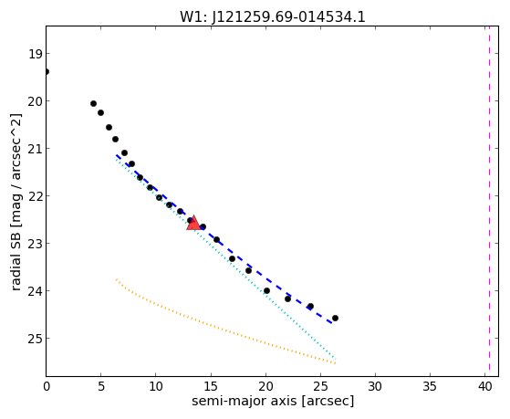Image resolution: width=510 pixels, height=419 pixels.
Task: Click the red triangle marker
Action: (193, 223)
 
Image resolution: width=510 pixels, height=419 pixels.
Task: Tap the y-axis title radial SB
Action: (16, 255)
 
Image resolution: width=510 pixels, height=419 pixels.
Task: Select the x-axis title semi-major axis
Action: (245, 401)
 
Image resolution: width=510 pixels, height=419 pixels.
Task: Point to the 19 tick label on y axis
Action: (35, 54)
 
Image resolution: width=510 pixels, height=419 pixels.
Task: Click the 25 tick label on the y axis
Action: (35, 339)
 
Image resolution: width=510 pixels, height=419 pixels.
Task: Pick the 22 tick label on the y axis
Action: (35, 196)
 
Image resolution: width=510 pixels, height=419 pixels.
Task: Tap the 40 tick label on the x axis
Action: (485, 386)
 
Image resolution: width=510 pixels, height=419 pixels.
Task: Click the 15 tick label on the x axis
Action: (211, 386)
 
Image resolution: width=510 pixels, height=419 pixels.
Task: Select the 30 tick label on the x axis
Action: (375, 386)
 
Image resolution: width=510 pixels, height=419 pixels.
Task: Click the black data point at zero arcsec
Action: (47, 71)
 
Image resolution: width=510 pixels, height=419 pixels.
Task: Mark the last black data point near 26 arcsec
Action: (335, 318)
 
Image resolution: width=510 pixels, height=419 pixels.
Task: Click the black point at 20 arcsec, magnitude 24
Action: (266, 290)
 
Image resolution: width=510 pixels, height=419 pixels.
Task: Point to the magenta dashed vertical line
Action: (489, 201)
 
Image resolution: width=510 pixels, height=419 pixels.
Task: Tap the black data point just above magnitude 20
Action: (93, 103)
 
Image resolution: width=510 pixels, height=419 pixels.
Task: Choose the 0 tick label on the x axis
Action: (47, 386)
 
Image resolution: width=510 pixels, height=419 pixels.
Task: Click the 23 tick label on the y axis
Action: (35, 244)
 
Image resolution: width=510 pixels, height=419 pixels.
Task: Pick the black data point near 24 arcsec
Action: (310, 306)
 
